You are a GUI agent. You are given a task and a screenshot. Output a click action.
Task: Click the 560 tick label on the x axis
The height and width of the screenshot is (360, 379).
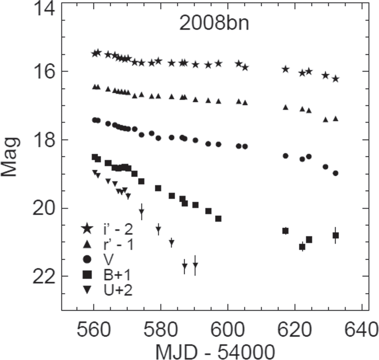(94, 328)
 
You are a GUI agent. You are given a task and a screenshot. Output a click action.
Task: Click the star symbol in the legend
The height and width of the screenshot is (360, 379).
(87, 229)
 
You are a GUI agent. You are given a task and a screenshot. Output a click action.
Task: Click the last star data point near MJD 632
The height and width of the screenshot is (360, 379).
(336, 79)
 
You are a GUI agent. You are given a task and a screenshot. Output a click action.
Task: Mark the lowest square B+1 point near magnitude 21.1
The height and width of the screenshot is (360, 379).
(302, 246)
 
